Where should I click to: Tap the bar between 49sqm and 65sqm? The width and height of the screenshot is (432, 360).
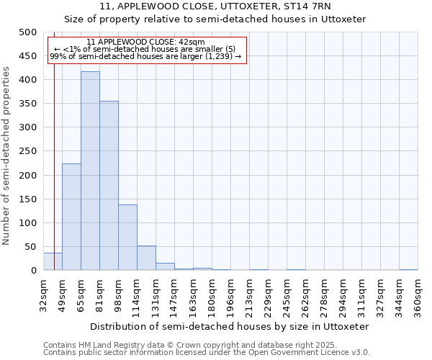click(x=71, y=217)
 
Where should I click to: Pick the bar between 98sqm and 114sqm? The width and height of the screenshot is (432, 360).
click(x=127, y=238)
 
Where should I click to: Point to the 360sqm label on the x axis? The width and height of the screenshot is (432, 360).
click(x=418, y=295)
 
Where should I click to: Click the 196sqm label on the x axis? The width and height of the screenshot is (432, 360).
click(x=231, y=295)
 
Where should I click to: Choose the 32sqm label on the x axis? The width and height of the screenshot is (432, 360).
click(x=44, y=295)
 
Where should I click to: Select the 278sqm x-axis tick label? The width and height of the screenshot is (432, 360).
click(x=325, y=295)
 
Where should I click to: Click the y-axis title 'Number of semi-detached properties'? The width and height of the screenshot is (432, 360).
click(x=6, y=156)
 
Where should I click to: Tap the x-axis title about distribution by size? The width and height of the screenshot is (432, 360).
click(x=230, y=326)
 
